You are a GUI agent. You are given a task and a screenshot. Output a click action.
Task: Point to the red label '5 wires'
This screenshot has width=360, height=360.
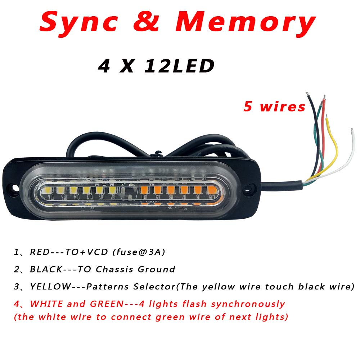tap(274, 106)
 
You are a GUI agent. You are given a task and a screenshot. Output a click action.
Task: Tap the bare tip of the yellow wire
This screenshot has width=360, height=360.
tap(327, 117)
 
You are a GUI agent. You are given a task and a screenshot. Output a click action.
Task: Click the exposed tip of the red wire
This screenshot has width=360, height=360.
tap(324, 96)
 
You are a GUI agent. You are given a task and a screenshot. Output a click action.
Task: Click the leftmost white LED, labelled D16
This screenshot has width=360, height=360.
tap(49, 190)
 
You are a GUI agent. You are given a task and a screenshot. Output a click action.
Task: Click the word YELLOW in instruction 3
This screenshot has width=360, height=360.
tap(50, 287)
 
